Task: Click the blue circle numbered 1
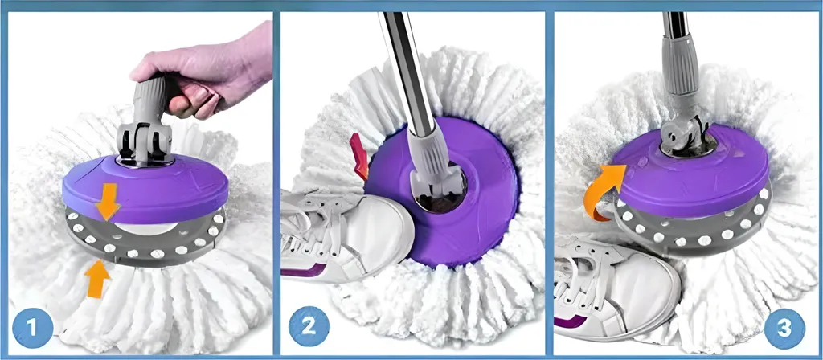[32, 329]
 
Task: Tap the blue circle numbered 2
[309, 326]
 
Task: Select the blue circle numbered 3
[784, 329]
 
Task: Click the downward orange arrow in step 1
[108, 201]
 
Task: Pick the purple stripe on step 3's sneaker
[571, 321]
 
